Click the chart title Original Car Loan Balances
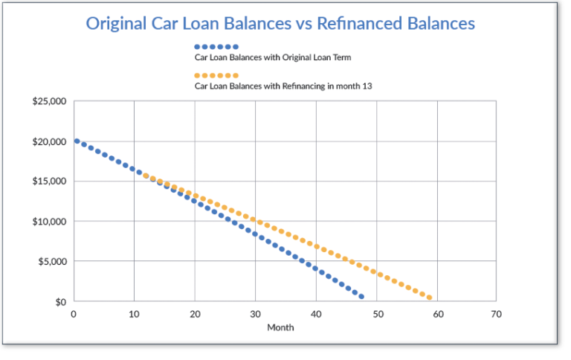click(x=280, y=23)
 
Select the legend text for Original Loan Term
click(x=272, y=57)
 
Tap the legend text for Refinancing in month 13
click(x=283, y=86)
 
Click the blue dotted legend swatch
click(x=216, y=46)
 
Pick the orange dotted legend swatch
click(x=216, y=75)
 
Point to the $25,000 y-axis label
click(x=50, y=101)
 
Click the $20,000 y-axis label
click(x=50, y=141)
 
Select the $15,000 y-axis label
click(x=50, y=181)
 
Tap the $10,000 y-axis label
click(x=50, y=222)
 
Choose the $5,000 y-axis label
click(x=52, y=262)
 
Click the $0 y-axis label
click(x=59, y=302)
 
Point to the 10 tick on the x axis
click(x=134, y=314)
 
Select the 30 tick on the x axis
click(x=255, y=314)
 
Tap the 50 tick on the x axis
click(x=377, y=314)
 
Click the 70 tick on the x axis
click(x=497, y=314)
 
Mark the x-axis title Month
click(x=281, y=327)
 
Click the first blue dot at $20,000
click(x=77, y=141)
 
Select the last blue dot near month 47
click(x=361, y=297)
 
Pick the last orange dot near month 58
click(x=430, y=298)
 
